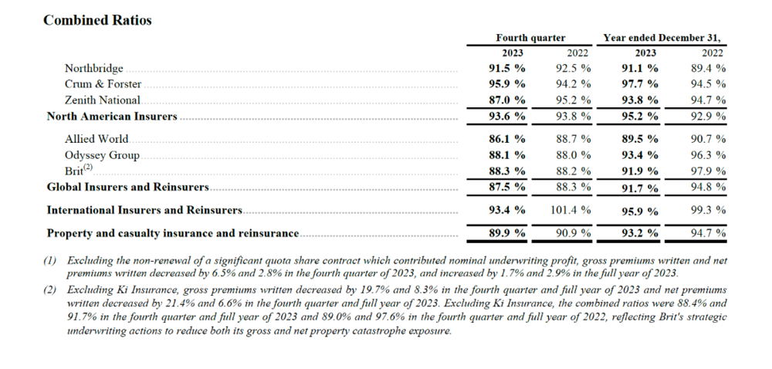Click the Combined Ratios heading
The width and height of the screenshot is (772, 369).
[97, 20]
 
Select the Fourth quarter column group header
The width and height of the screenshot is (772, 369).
[530, 38]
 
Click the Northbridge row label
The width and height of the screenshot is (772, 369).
[93, 69]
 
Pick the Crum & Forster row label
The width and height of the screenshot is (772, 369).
[103, 84]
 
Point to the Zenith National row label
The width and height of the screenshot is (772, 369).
[103, 100]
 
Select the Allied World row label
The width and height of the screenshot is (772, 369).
[96, 139]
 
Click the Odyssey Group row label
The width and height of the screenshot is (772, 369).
[102, 156]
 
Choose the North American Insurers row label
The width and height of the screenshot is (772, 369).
[112, 117]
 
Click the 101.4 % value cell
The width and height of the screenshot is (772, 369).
[571, 210]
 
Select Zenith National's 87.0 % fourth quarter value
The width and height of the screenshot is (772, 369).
[506, 100]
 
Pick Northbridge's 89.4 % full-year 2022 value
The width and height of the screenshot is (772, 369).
[708, 69]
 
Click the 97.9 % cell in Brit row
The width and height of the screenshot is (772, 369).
[708, 171]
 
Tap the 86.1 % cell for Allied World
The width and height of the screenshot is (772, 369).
[506, 139]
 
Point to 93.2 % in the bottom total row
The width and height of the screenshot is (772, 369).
[639, 233]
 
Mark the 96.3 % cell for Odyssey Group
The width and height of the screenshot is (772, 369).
[708, 155]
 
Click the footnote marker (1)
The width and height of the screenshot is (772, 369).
[49, 260]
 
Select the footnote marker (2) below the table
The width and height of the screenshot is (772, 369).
[49, 289]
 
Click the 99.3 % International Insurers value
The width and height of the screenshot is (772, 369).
[708, 210]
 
